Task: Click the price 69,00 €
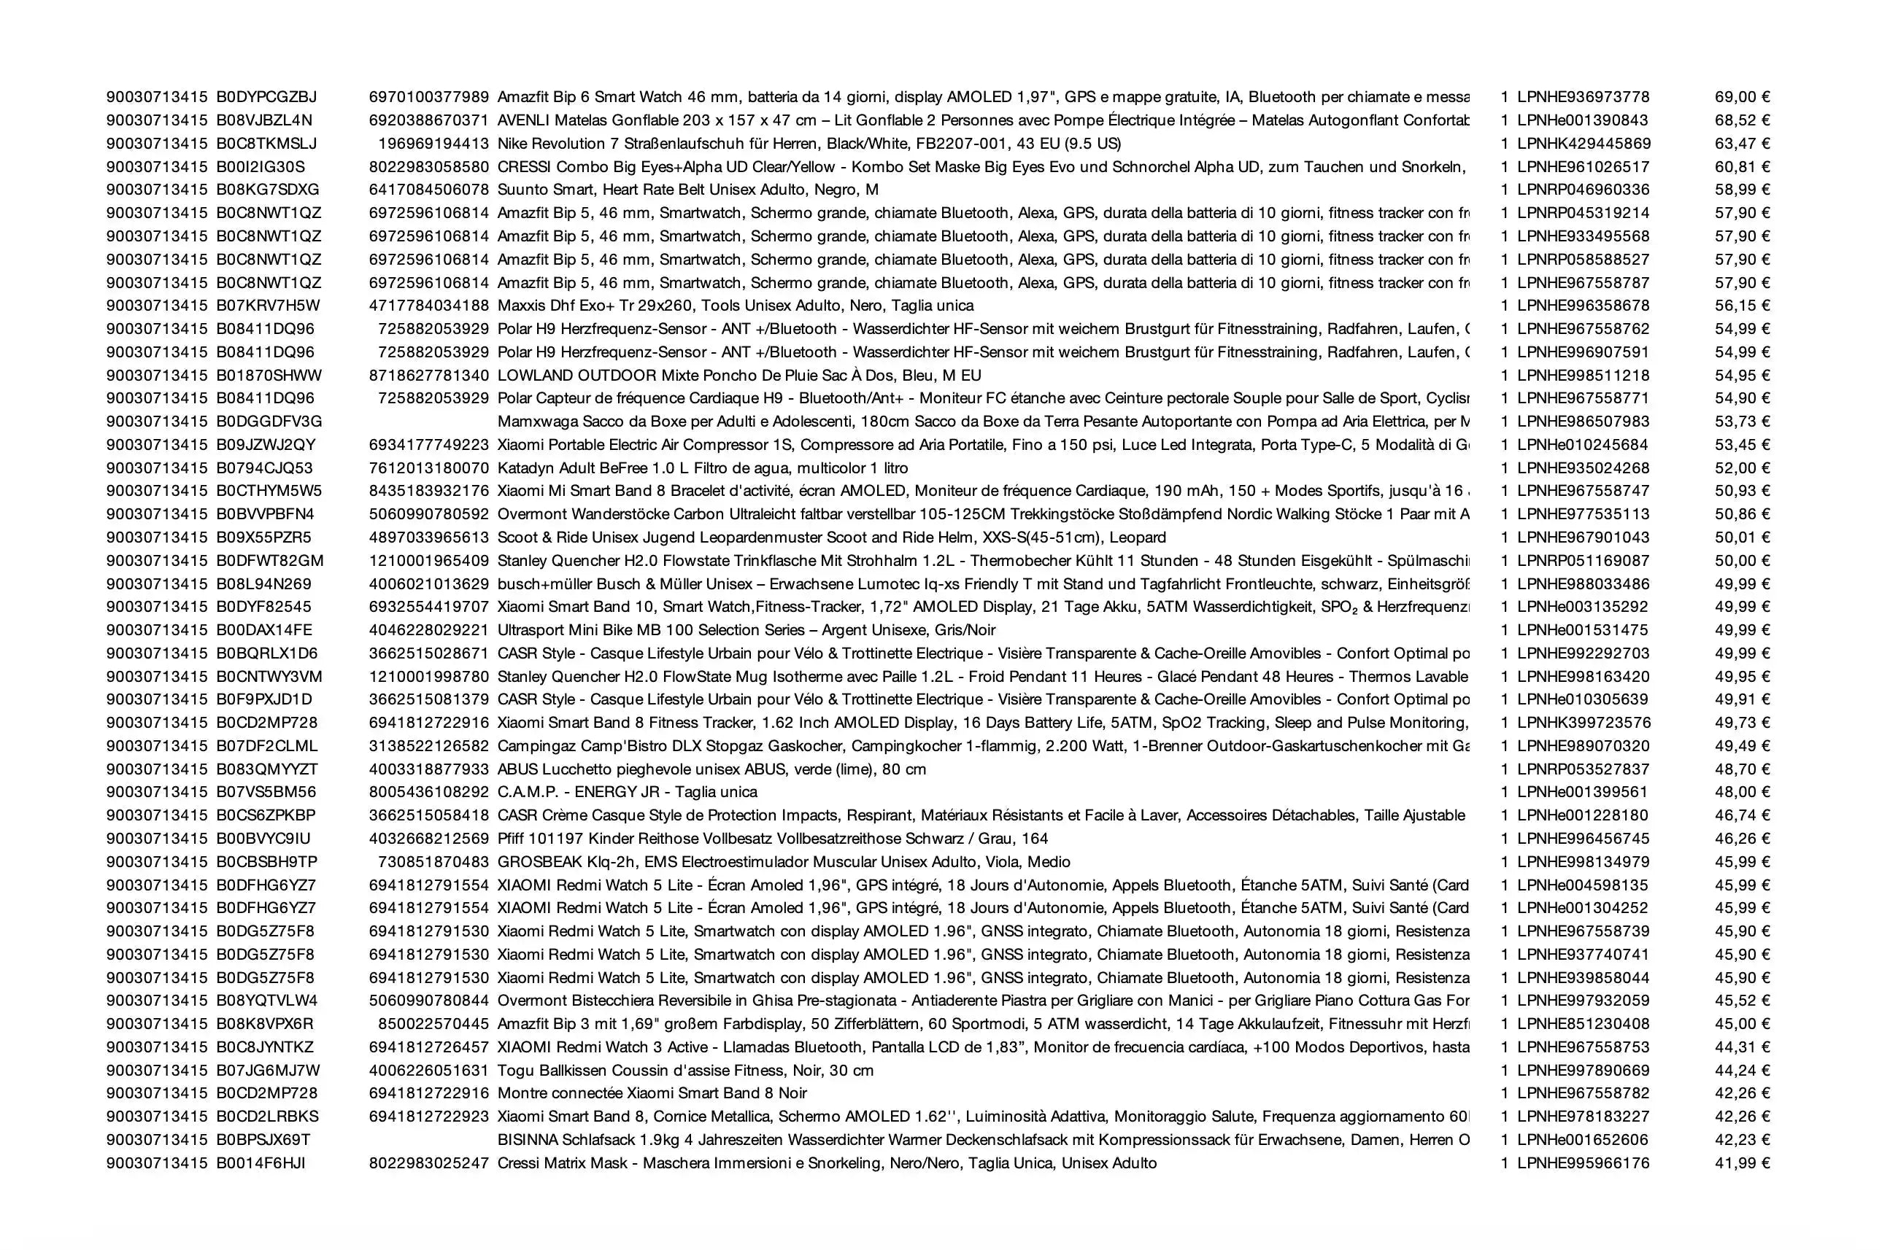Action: pyautogui.click(x=1742, y=97)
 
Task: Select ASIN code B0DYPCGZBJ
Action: pyautogui.click(x=266, y=97)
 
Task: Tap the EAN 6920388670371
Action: pyautogui.click(x=428, y=120)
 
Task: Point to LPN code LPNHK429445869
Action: pyautogui.click(x=1583, y=144)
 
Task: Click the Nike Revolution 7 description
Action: pyautogui.click(x=809, y=144)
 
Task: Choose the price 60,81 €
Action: pyautogui.click(x=1742, y=166)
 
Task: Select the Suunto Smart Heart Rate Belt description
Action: pyautogui.click(x=687, y=190)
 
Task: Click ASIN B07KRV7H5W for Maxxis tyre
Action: pyautogui.click(x=268, y=306)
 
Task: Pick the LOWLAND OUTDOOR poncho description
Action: pyautogui.click(x=738, y=376)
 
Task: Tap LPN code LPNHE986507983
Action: pyautogui.click(x=1583, y=422)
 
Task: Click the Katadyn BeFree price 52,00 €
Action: pyautogui.click(x=1742, y=468)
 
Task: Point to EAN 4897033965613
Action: pyautogui.click(x=428, y=537)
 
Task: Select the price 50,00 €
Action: pyautogui.click(x=1742, y=560)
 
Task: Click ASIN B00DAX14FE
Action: pyautogui.click(x=264, y=630)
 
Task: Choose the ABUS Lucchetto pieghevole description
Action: pyautogui.click(x=711, y=769)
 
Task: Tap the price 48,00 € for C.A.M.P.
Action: pyautogui.click(x=1742, y=793)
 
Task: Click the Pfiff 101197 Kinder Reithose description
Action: pyautogui.click(x=772, y=839)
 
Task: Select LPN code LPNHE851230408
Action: pyautogui.click(x=1583, y=1024)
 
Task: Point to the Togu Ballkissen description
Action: pyautogui.click(x=685, y=1071)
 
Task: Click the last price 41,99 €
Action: pyautogui.click(x=1742, y=1163)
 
